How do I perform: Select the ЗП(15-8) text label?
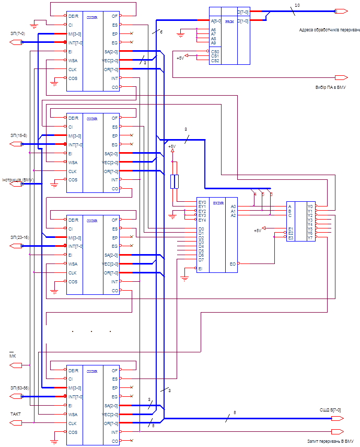click(19, 135)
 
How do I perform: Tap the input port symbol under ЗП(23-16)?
click(17, 246)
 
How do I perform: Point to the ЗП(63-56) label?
click(19, 387)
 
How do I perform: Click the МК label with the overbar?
click(13, 356)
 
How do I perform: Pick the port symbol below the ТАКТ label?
click(17, 422)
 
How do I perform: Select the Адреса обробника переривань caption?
click(329, 29)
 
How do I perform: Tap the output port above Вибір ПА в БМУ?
click(341, 77)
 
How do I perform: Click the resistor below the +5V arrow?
click(175, 181)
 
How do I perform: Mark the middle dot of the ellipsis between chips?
click(91, 331)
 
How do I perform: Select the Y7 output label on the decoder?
click(310, 237)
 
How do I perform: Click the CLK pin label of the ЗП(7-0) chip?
click(73, 69)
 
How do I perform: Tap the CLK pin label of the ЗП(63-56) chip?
click(73, 422)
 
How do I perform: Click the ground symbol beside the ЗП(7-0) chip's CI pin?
click(34, 25)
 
